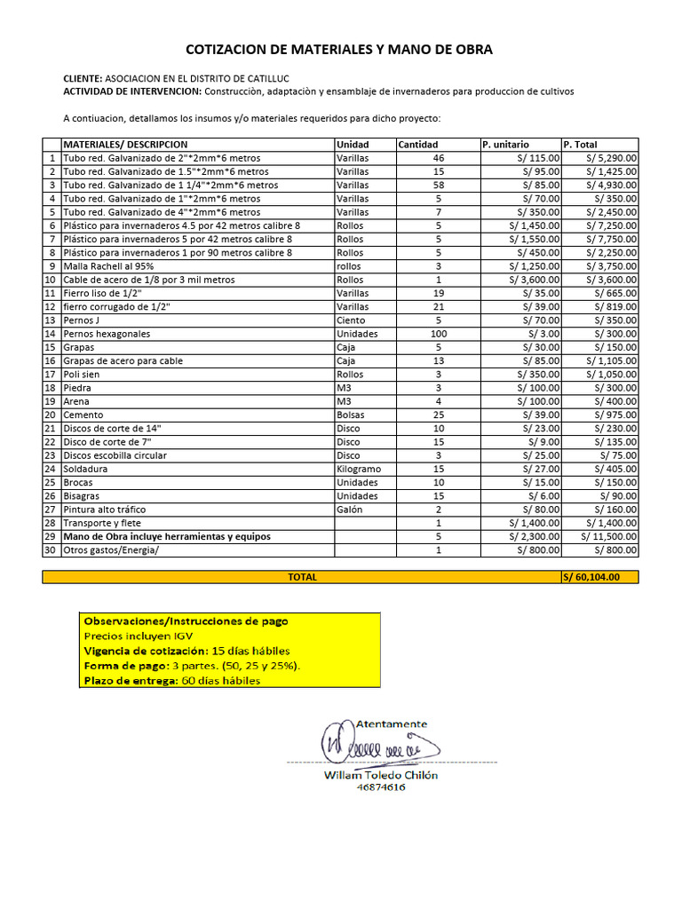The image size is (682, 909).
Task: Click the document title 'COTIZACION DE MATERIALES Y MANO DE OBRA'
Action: pyautogui.click(x=338, y=50)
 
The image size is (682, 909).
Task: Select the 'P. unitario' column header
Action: pyautogui.click(x=505, y=145)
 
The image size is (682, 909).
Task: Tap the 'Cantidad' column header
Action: pyautogui.click(x=417, y=145)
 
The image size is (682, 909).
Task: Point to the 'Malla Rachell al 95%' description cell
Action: pyautogui.click(x=108, y=266)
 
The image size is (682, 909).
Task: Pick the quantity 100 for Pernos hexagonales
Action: pyautogui.click(x=438, y=334)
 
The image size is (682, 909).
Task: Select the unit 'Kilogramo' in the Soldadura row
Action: pyautogui.click(x=360, y=469)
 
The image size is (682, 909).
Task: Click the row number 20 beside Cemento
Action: pyautogui.click(x=51, y=415)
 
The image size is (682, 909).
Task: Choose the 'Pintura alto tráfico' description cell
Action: pyautogui.click(x=105, y=510)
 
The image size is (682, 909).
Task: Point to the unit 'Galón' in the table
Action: pyautogui.click(x=350, y=510)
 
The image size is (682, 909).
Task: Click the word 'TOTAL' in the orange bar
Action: pyautogui.click(x=302, y=577)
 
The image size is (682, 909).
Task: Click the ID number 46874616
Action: pyautogui.click(x=381, y=787)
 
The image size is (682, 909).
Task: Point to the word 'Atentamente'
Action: pyautogui.click(x=391, y=724)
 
